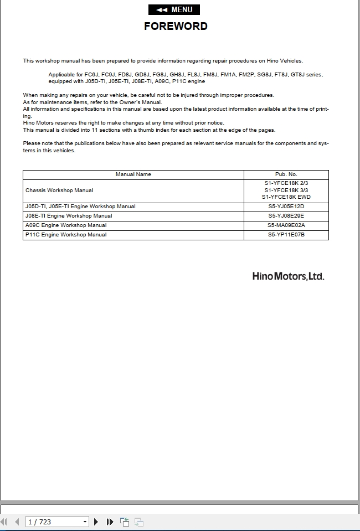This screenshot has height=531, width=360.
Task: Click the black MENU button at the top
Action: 174,9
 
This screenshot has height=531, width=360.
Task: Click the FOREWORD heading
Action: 176,26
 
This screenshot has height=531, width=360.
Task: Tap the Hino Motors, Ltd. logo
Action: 288,276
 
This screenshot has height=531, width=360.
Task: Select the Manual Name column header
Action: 133,174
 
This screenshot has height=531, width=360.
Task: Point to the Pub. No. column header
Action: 286,174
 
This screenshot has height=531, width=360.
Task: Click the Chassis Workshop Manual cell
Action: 59,190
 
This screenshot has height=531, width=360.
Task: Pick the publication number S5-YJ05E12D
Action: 286,207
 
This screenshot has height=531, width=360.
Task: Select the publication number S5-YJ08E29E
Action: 286,216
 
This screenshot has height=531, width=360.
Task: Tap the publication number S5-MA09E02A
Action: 286,225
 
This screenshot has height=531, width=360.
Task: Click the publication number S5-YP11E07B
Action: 286,235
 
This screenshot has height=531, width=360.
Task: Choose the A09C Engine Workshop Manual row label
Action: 66,225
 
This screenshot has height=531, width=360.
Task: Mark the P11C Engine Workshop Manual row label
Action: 66,235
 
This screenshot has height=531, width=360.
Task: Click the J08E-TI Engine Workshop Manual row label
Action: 69,216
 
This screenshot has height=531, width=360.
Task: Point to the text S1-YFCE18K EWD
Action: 286,197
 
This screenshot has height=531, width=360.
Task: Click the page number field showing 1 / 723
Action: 53,522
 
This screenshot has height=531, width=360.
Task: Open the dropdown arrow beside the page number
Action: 85,522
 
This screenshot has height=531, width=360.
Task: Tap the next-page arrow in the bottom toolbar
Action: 96,522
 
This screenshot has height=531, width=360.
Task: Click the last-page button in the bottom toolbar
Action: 110,522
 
